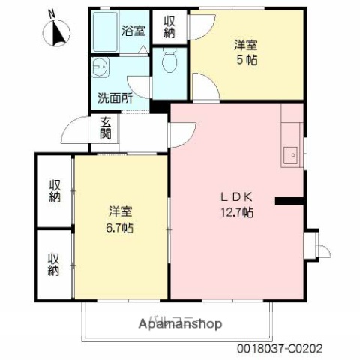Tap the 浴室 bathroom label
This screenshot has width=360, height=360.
[x=135, y=31]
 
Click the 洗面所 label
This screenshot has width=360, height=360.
[x=115, y=98]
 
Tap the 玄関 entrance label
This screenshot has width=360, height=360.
[x=105, y=130]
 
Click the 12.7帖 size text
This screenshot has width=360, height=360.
[x=236, y=212]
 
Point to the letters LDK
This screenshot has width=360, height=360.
[x=236, y=197]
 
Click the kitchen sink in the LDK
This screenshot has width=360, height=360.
[x=290, y=155]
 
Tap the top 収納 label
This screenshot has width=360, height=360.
[x=169, y=26]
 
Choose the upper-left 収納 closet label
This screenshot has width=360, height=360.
[x=55, y=190]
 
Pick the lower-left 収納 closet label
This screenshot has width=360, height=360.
[x=55, y=264]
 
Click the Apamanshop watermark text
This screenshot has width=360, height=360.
[x=179, y=324]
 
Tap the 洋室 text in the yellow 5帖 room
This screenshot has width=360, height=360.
[x=247, y=45]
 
